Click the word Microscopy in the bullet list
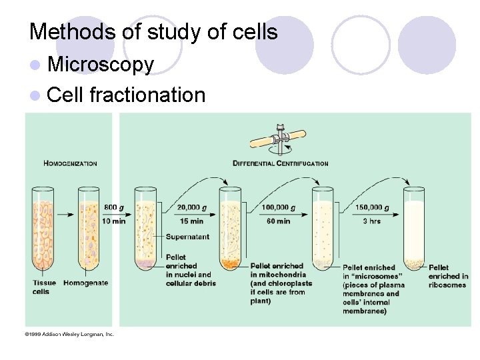[101, 65]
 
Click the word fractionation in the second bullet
[147, 95]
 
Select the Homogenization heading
[70, 163]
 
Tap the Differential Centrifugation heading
[280, 163]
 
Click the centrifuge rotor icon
[277, 139]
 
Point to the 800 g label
[113, 207]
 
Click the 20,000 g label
[192, 207]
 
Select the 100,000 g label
[279, 207]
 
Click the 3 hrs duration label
[372, 221]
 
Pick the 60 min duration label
[278, 221]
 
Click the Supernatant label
[187, 237]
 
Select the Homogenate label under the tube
[85, 283]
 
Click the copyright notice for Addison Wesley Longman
[70, 333]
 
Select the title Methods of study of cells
[153, 31]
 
